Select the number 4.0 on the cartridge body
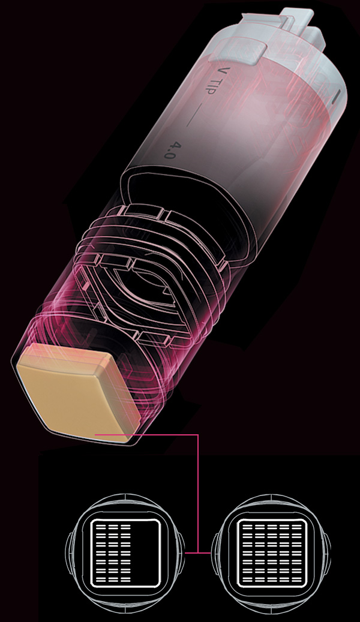(x=170, y=150)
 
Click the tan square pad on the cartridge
(x=79, y=392)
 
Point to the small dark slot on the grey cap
(x=338, y=97)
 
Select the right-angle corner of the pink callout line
(x=197, y=435)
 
